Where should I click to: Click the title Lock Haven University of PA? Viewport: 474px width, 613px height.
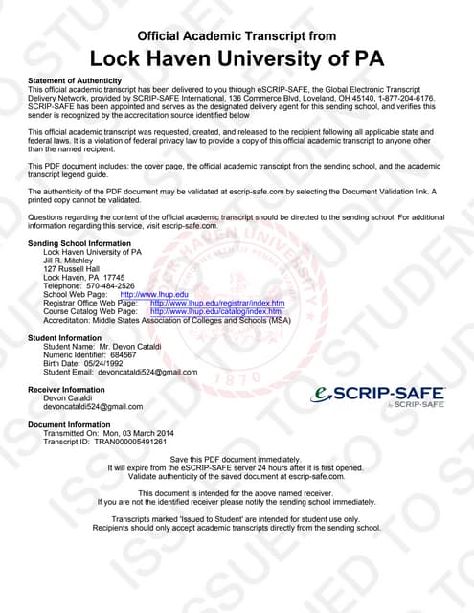[237, 58]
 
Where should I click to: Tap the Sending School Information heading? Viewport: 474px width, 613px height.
[79, 244]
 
